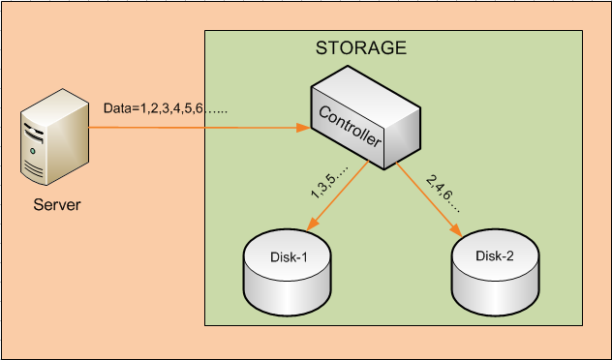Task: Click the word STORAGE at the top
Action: (361, 47)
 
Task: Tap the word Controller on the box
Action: (352, 130)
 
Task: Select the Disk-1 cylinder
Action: (287, 272)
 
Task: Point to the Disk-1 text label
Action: (288, 257)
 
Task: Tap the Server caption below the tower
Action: (56, 204)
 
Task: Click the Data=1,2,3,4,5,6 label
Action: (166, 110)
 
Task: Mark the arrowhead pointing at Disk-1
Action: (313, 225)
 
